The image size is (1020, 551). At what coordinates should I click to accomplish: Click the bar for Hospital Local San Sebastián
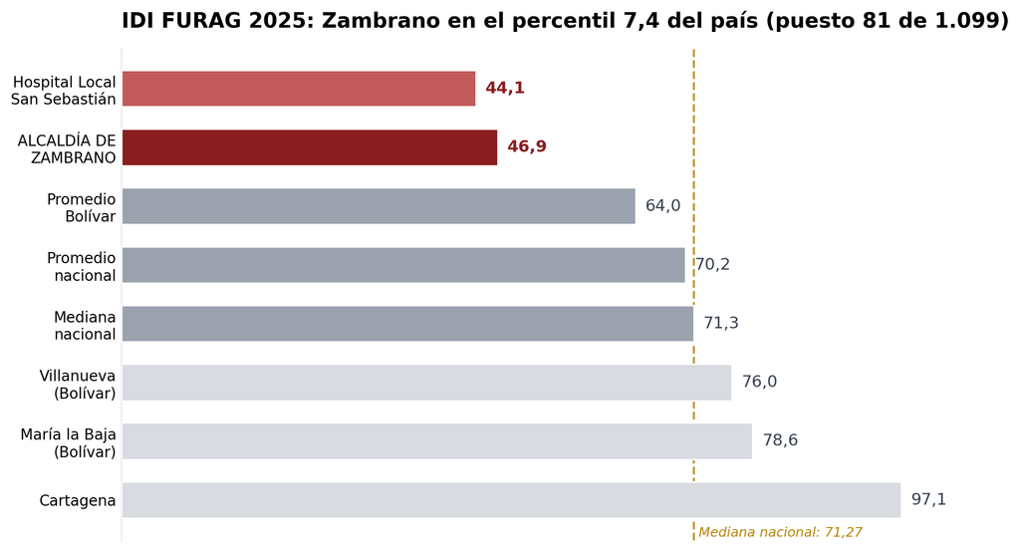[299, 89]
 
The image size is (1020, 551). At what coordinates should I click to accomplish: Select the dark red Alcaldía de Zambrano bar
[310, 147]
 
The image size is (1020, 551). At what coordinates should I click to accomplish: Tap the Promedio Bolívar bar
[379, 206]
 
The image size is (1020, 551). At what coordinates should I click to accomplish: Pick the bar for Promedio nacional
[403, 265]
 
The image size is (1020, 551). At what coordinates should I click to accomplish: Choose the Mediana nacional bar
[407, 324]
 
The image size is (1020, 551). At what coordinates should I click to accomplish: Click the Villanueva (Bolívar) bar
[426, 383]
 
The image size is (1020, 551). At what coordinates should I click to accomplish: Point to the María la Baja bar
[437, 441]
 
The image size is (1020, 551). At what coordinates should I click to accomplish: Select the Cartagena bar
[511, 500]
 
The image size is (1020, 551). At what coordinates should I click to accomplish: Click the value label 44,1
[505, 88]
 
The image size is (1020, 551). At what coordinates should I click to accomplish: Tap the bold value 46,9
[527, 146]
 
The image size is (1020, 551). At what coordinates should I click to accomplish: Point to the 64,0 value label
[662, 205]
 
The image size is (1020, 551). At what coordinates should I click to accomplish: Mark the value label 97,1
[928, 499]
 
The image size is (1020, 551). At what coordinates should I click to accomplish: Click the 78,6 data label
[780, 440]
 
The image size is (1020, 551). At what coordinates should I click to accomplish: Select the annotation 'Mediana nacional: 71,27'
[780, 532]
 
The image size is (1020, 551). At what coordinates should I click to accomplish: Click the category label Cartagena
[78, 500]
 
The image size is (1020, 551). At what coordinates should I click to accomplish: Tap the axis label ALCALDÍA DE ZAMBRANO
[67, 149]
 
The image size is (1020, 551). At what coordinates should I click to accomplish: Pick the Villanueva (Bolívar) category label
[78, 385]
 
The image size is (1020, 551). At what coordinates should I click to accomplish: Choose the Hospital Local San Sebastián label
[64, 91]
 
